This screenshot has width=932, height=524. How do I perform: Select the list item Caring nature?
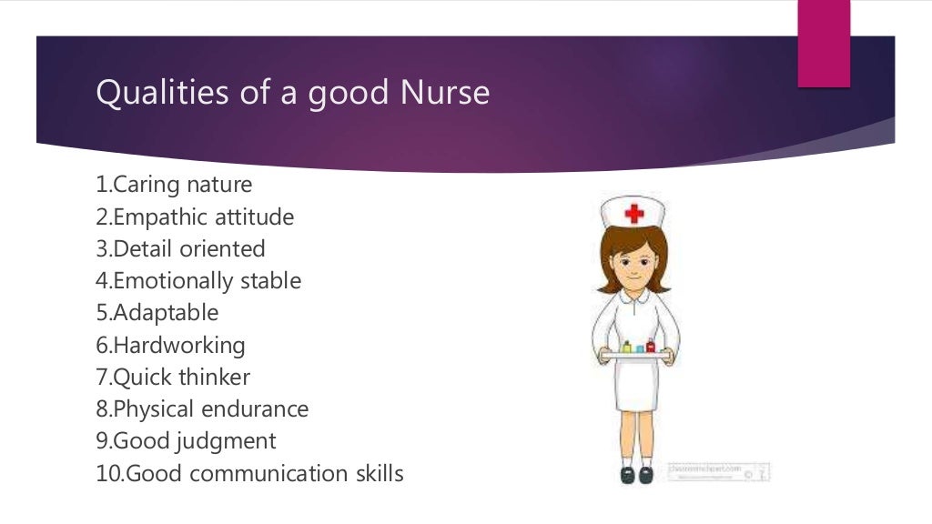(174, 185)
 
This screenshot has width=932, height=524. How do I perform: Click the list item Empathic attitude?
(195, 217)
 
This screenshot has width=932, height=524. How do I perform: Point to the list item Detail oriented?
(180, 249)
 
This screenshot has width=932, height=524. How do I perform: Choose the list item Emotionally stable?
(198, 281)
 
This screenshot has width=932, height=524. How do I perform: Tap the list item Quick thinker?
(173, 378)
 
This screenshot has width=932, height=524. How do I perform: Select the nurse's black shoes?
(636, 475)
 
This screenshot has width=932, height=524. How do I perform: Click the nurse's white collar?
(634, 297)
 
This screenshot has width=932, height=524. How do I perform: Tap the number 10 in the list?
(106, 474)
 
